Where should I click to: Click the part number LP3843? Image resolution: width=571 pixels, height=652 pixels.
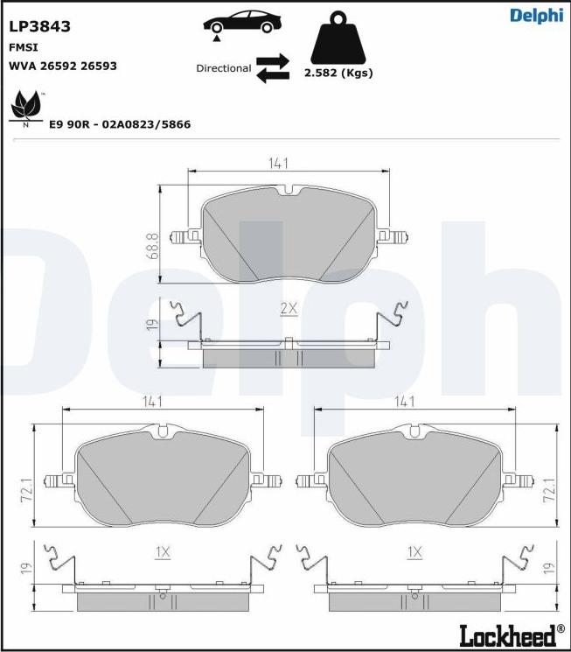[40, 26]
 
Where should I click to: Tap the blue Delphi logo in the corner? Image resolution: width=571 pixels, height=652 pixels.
[537, 16]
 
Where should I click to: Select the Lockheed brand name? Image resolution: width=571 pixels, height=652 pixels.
[507, 634]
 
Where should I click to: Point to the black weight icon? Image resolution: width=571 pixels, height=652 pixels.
[338, 38]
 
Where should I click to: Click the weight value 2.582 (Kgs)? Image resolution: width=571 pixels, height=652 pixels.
[338, 73]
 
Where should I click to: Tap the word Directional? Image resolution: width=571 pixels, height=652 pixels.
[224, 68]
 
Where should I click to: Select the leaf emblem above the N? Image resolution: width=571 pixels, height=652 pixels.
[26, 105]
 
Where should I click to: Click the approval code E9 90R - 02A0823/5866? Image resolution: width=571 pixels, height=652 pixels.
[120, 124]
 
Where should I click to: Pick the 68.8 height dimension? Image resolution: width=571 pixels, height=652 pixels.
[152, 246]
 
